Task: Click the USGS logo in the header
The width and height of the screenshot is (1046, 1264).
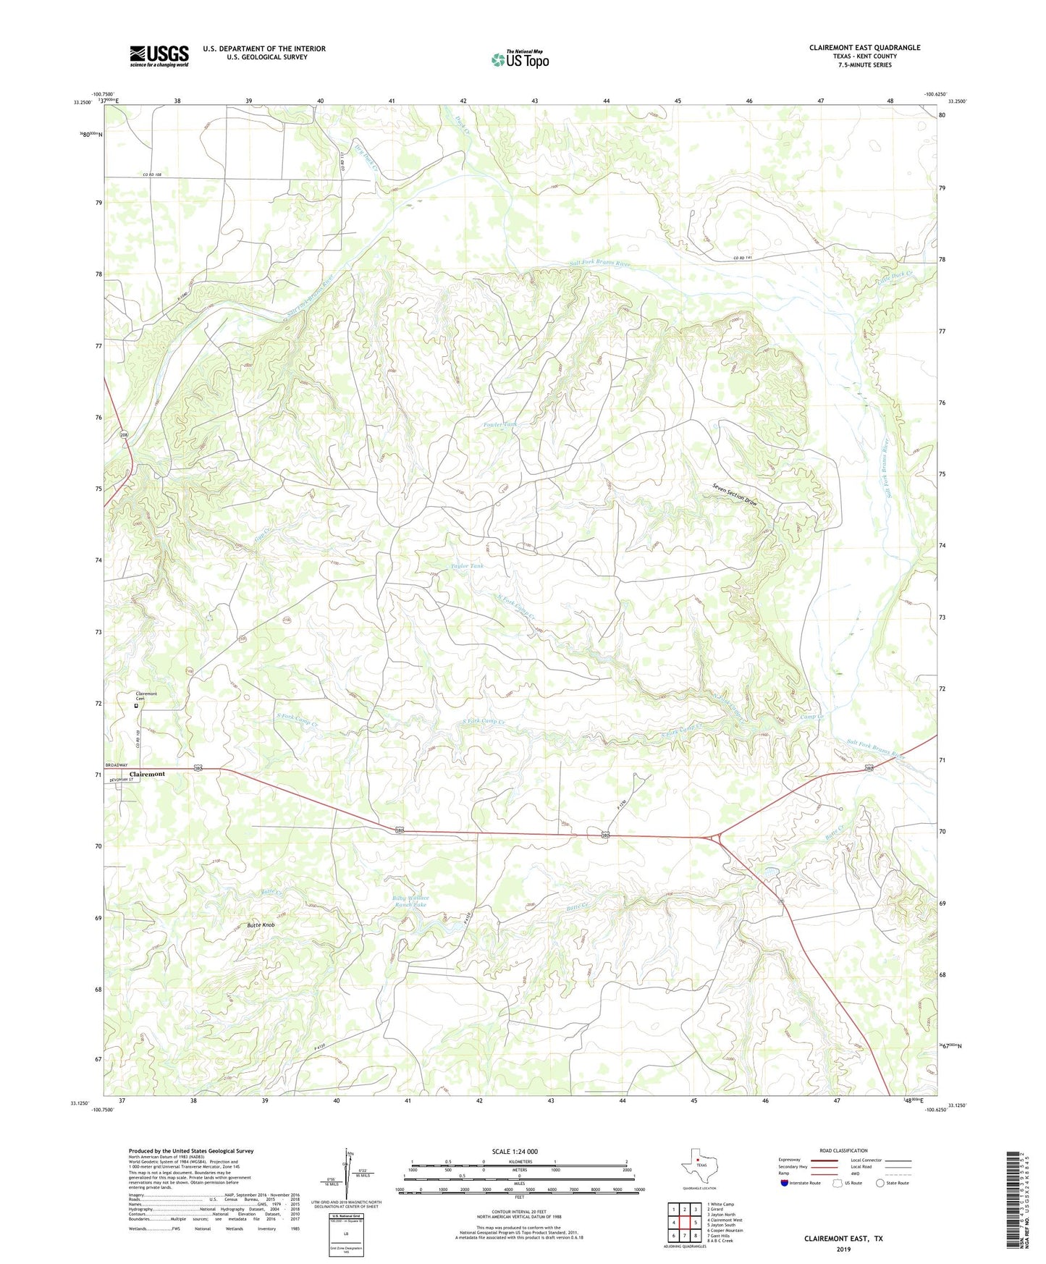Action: point(159,56)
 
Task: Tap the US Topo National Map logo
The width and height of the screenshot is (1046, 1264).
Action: point(519,59)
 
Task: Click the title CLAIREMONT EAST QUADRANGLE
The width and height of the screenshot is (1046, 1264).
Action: point(864,48)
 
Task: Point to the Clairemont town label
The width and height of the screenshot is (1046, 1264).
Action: point(147,774)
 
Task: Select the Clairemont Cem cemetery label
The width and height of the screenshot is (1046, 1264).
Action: point(145,696)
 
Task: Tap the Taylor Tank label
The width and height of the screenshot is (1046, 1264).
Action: point(466,566)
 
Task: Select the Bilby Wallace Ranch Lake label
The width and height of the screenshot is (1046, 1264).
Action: point(410,901)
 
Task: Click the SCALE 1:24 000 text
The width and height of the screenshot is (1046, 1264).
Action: point(515,1151)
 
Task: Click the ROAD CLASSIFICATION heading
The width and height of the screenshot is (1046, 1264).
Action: point(843,1150)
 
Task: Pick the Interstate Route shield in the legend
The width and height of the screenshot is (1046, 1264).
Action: point(785,1183)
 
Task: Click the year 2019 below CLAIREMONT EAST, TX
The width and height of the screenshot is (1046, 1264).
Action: point(843,1249)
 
